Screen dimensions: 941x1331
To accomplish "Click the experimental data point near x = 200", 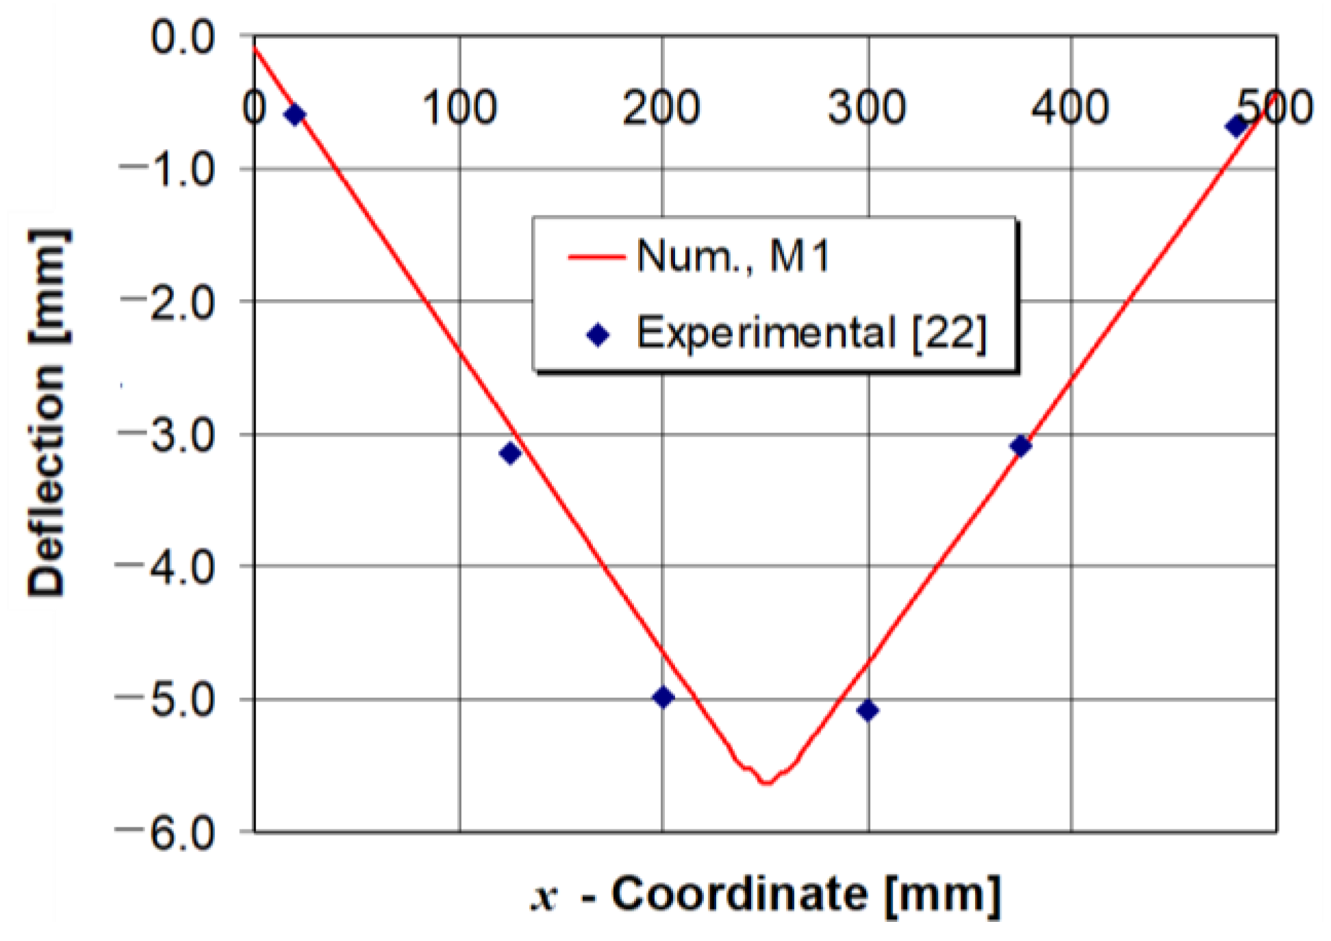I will tap(663, 697).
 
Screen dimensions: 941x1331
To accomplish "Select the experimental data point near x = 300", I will tap(867, 710).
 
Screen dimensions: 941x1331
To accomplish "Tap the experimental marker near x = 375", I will tap(1020, 446).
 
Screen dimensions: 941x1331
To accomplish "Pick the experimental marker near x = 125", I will tap(510, 453).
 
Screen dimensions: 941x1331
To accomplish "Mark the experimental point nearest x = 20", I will tap(295, 115).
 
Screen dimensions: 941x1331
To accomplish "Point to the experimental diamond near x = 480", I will tap(1236, 126).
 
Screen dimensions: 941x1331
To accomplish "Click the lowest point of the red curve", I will tap(766, 782).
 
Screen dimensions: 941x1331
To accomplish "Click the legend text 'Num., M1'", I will tap(733, 257).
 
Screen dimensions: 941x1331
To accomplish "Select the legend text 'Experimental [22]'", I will tap(811, 333).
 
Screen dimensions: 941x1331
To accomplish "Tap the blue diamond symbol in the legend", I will tap(598, 335).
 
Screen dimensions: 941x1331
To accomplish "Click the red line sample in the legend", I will tap(596, 257).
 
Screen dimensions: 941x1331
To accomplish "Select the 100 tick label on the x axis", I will tap(459, 108).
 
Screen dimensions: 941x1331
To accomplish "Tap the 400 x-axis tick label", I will tap(1070, 108).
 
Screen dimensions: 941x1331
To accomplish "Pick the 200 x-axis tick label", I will tap(661, 108).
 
